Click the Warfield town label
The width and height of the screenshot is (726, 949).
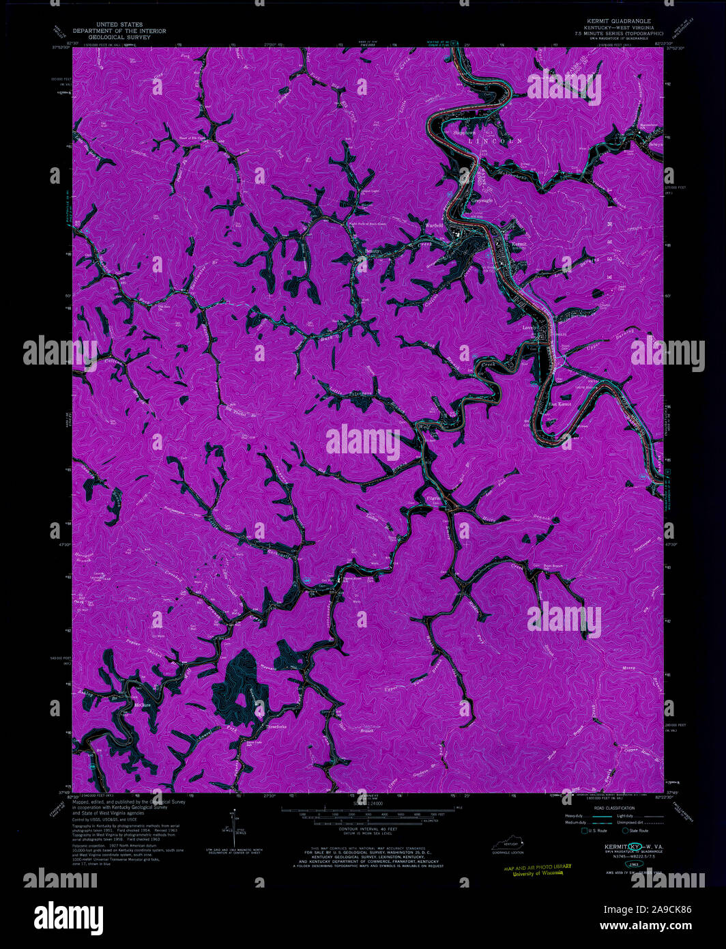(x=435, y=225)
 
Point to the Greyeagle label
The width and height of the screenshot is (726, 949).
(x=483, y=200)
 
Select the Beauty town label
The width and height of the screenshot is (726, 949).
(x=373, y=251)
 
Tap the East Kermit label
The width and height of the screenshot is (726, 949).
(x=559, y=404)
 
